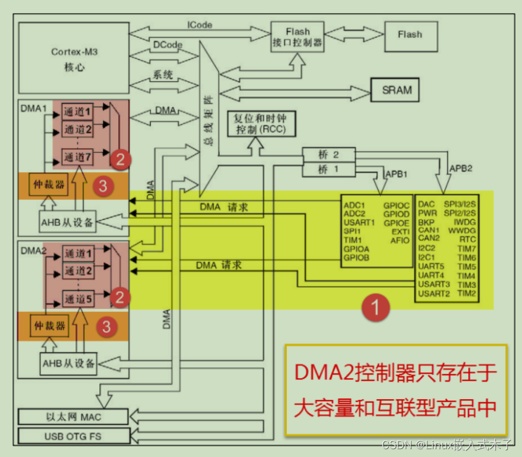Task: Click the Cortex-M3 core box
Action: (74, 58)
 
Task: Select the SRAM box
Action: (397, 90)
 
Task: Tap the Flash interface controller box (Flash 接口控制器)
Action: (298, 37)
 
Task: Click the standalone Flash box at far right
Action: (410, 35)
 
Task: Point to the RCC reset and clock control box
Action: (256, 124)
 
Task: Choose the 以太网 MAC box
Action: (74, 417)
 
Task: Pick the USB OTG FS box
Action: (74, 435)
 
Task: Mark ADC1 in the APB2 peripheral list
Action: (354, 205)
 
